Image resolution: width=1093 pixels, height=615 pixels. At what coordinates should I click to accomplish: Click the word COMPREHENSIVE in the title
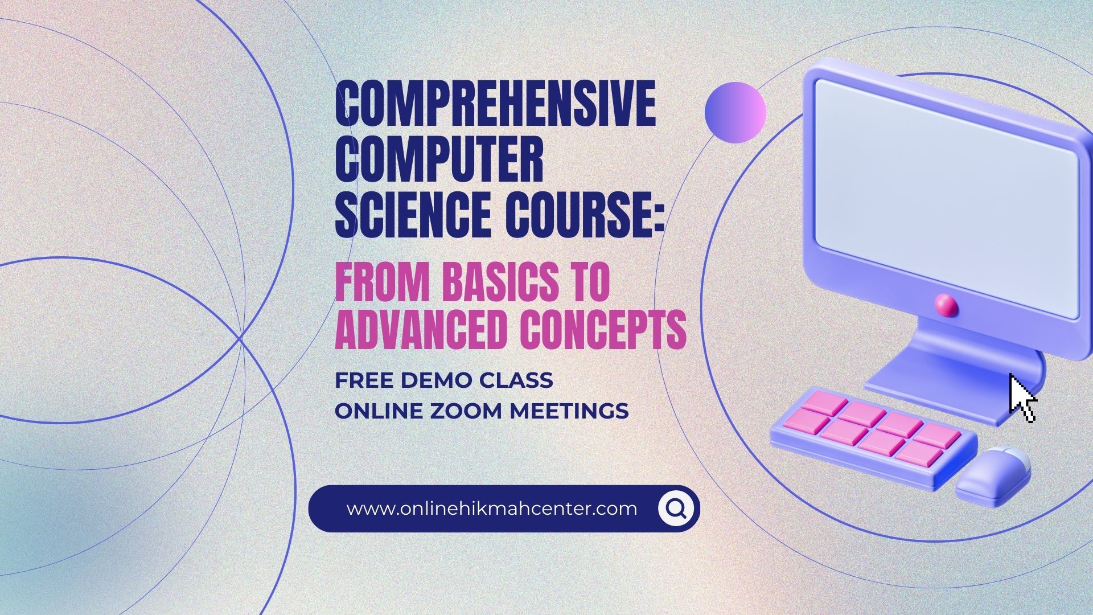[x=496, y=105]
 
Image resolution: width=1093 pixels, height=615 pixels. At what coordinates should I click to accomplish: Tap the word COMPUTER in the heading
[x=439, y=160]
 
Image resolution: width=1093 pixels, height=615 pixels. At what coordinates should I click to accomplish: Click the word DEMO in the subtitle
[x=440, y=380]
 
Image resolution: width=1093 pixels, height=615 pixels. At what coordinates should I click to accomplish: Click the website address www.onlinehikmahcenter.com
[x=492, y=509]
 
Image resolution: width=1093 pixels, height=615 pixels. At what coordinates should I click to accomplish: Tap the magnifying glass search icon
[x=676, y=508]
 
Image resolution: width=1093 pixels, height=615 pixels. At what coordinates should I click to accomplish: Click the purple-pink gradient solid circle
[x=735, y=112]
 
